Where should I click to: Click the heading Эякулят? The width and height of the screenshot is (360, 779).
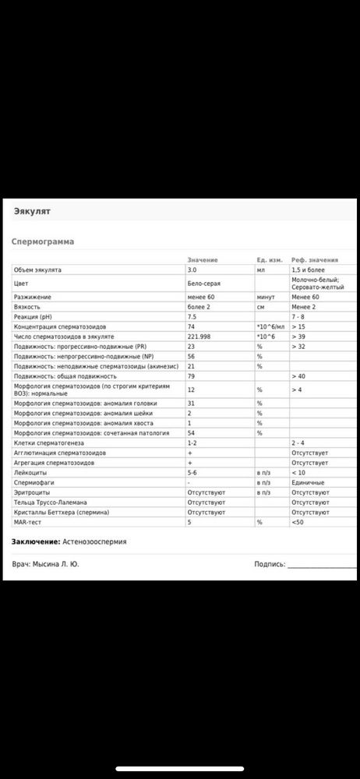pos(33,210)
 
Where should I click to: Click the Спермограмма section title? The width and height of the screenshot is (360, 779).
pos(43,241)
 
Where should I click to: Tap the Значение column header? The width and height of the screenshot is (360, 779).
pos(202,259)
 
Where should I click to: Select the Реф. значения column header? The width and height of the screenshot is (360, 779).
pos(315,259)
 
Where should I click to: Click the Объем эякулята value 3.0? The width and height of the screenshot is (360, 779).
pos(192,269)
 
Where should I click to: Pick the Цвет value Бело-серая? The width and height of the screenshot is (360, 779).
pos(203,284)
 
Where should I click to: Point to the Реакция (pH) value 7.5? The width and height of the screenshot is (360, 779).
pos(192,316)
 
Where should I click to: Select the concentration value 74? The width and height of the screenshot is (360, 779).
pos(191,326)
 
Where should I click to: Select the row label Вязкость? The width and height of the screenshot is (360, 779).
pos(28,307)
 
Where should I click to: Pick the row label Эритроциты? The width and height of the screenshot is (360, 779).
pos(31,492)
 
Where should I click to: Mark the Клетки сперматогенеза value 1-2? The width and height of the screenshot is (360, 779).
pos(192,442)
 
